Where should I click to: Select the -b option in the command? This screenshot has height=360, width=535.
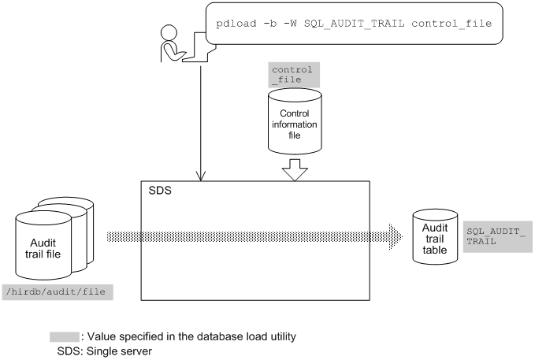[270, 24]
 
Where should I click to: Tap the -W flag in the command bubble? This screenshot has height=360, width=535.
[290, 24]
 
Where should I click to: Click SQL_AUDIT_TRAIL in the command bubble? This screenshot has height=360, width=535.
[354, 24]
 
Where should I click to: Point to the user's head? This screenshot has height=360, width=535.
[169, 33]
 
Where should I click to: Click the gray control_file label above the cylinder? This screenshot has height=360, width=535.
[294, 75]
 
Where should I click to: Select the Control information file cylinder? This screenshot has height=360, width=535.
[295, 121]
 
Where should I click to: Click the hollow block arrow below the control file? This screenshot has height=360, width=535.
[295, 169]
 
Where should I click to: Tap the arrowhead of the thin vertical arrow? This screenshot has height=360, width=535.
[201, 176]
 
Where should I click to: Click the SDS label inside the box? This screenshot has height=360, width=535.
[160, 191]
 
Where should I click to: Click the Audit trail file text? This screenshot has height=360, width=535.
[43, 248]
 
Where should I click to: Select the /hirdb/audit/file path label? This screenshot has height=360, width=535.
[58, 292]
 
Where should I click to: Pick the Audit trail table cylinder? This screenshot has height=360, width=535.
[435, 237]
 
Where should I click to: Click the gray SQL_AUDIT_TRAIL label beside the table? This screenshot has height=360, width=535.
[497, 236]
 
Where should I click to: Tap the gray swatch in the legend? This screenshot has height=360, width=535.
[65, 337]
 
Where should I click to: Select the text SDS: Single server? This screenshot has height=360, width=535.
[105, 351]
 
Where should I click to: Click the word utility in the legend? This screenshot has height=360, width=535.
[283, 337]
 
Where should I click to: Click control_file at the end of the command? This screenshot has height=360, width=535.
[451, 24]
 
